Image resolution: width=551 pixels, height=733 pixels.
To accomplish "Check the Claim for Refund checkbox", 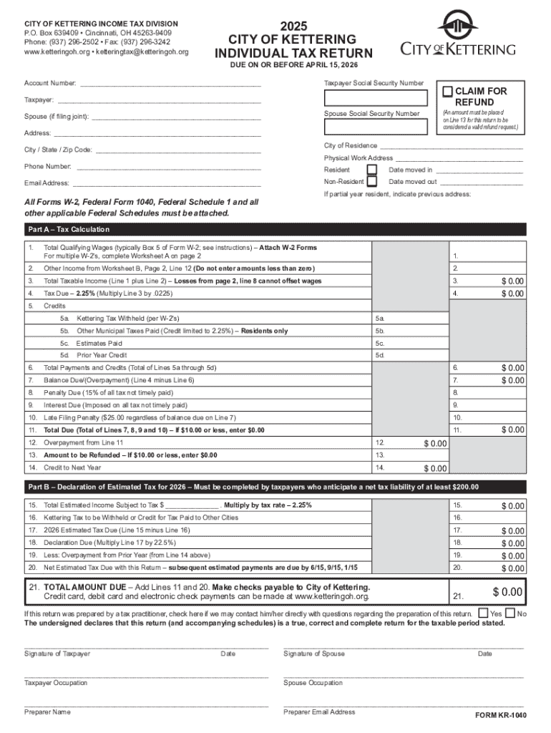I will click(447, 92).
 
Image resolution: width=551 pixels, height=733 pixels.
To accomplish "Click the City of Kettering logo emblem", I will click(455, 26).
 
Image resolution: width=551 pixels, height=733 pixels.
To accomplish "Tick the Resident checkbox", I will click(372, 170).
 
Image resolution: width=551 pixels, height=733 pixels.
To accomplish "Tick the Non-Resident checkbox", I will click(372, 182).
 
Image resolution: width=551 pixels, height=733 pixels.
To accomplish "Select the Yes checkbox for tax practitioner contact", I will click(484, 613).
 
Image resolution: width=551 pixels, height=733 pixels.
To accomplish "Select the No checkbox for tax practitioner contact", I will click(510, 613).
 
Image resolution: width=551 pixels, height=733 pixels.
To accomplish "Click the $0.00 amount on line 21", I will click(507, 592).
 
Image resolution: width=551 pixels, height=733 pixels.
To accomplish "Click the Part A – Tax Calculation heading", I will click(69, 230).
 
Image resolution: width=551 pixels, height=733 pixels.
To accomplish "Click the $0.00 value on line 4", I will click(512, 293).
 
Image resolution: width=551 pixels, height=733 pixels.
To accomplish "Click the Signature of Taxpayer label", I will click(57, 654).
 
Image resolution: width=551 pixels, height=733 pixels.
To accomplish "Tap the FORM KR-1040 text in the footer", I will click(501, 716).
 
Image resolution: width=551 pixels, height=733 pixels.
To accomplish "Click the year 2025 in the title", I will click(293, 26).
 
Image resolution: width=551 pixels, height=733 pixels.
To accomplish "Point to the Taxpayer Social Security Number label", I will click(374, 84).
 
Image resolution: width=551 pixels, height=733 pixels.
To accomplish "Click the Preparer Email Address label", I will click(319, 712).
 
